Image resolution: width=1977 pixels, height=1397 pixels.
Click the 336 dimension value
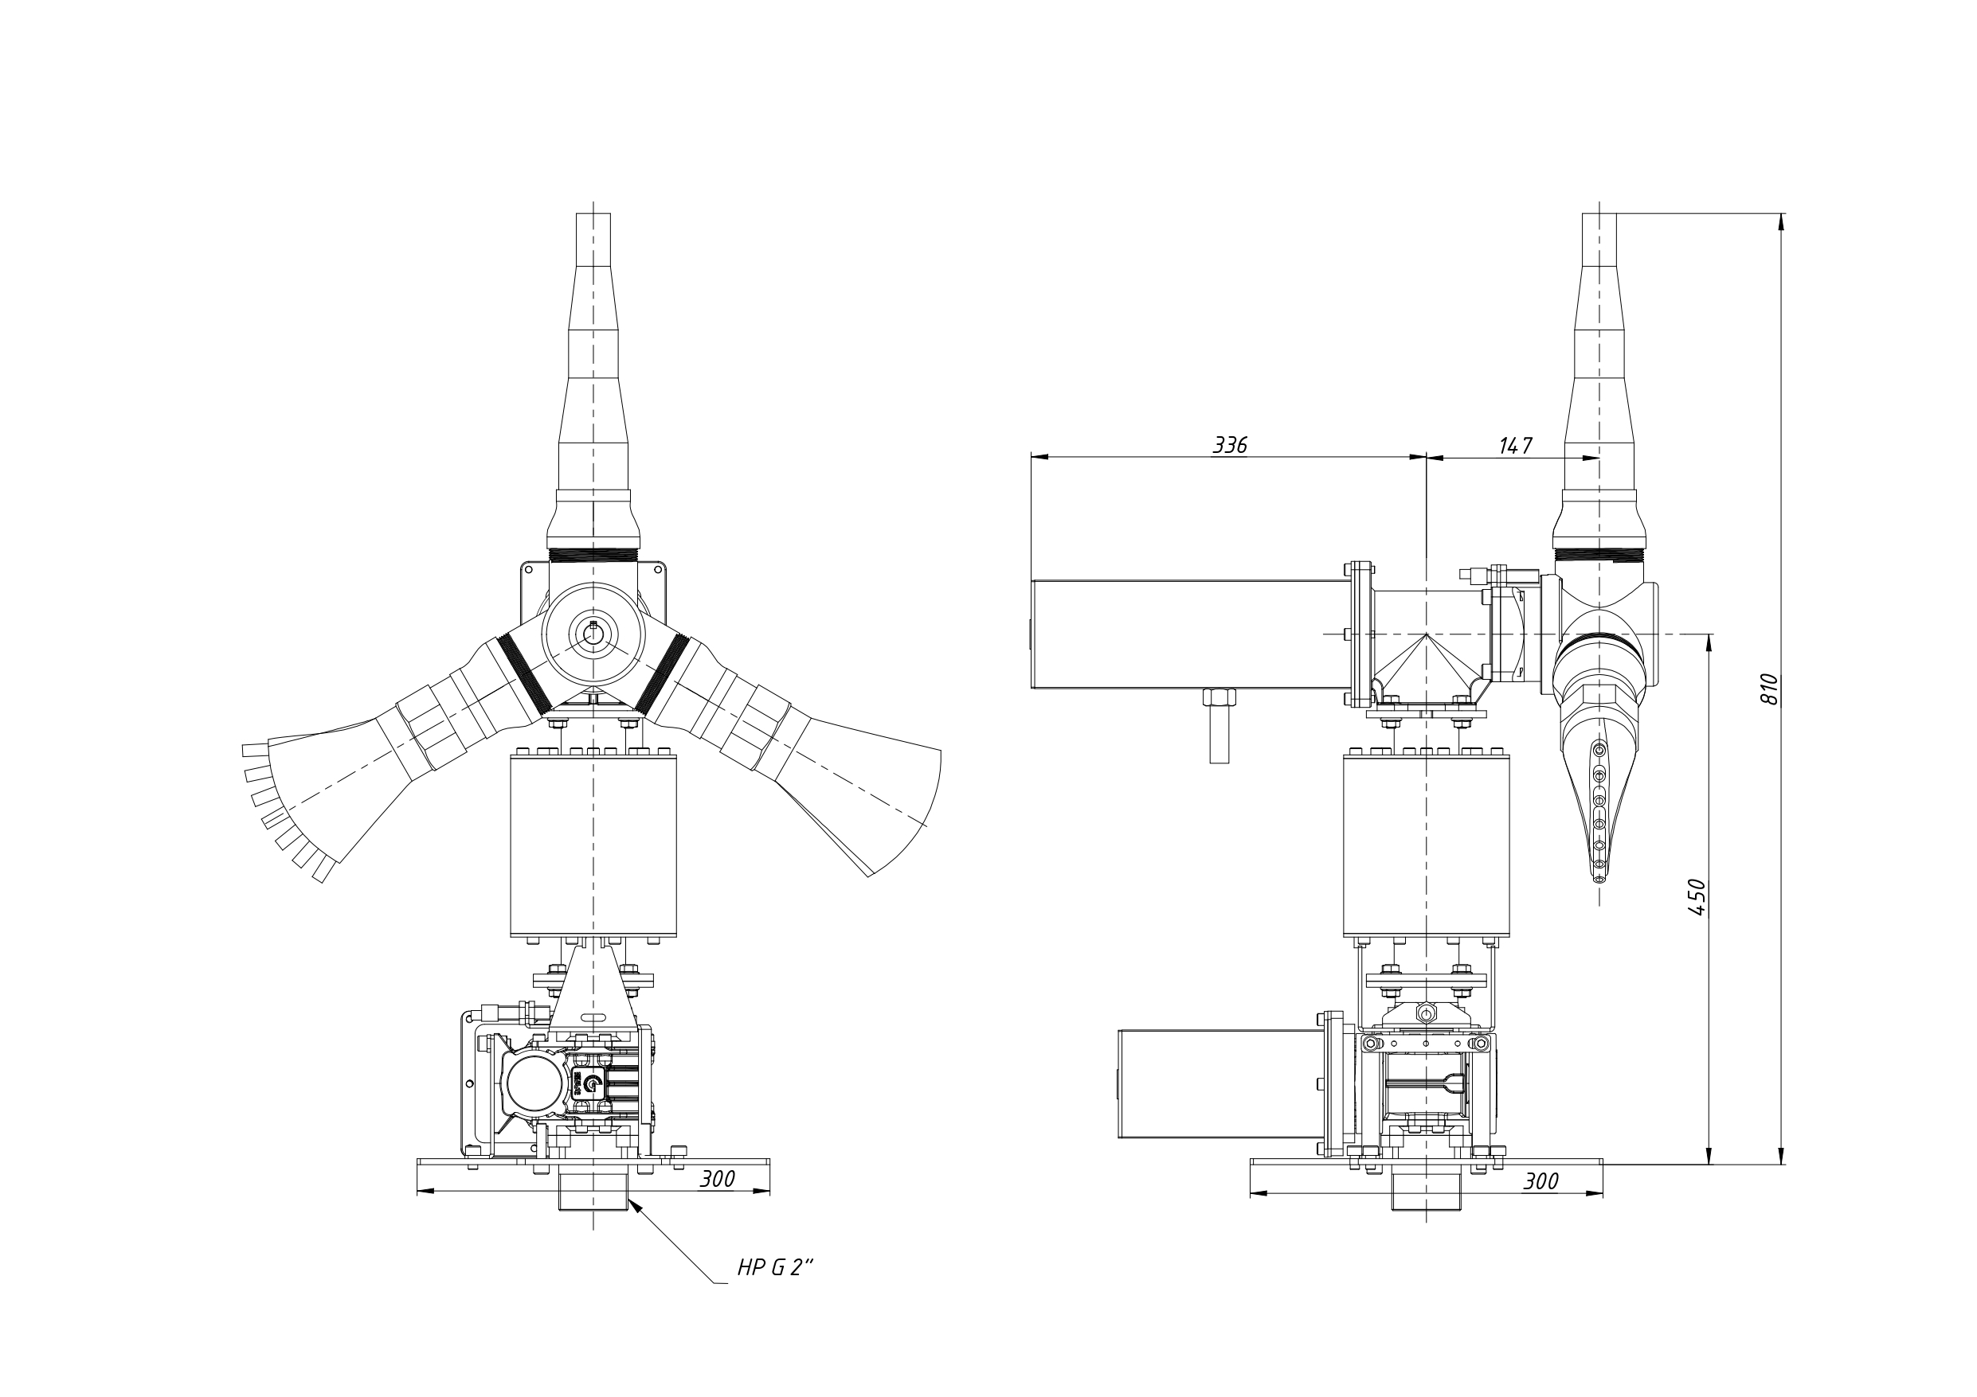click(x=1230, y=445)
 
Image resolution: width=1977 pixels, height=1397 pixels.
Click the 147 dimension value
click(x=1516, y=445)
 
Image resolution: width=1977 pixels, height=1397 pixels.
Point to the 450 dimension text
click(x=1696, y=897)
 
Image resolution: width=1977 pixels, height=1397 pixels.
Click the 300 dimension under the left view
click(x=716, y=1179)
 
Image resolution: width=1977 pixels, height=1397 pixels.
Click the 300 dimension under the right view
click(x=1540, y=1181)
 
